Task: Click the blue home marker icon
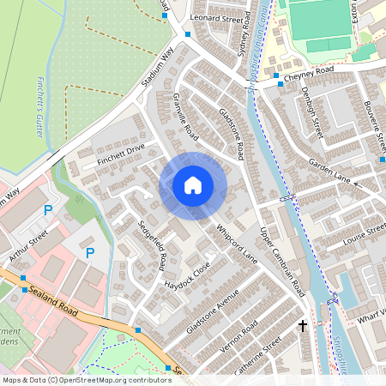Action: pyautogui.click(x=193, y=185)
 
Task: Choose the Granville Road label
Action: pyautogui.click(x=185, y=117)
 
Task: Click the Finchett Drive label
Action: pyautogui.click(x=122, y=154)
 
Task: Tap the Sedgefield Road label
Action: pyautogui.click(x=151, y=244)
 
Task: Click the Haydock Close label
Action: pyautogui.click(x=188, y=275)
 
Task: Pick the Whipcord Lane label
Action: pyautogui.click(x=238, y=244)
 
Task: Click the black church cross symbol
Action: pyautogui.click(x=302, y=326)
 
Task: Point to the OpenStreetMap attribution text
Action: pyautogui.click(x=86, y=379)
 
